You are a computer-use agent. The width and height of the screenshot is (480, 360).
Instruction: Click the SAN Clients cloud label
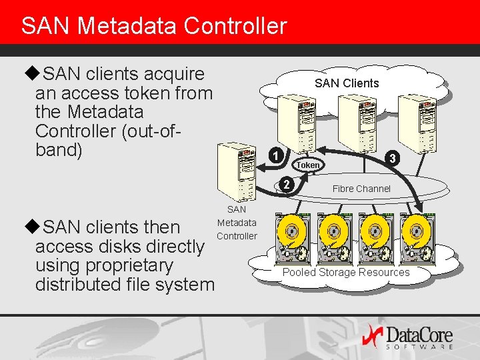[x=346, y=83]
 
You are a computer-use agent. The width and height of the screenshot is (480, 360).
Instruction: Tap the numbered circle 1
[x=276, y=157]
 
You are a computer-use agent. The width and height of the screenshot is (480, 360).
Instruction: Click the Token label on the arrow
[x=308, y=165]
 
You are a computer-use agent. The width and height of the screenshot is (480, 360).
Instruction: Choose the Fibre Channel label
[x=361, y=189]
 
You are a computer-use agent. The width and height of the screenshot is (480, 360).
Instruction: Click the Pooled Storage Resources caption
[x=346, y=272]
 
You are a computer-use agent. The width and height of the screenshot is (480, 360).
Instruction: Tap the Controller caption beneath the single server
[x=237, y=236]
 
